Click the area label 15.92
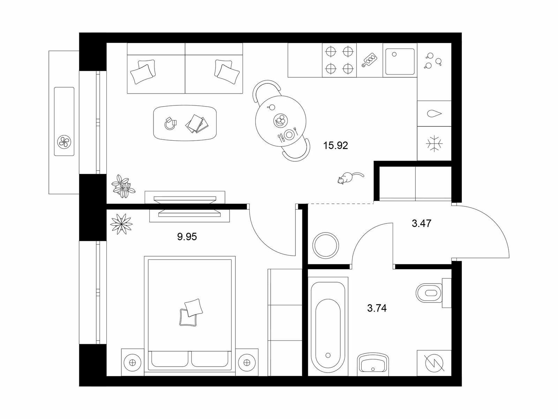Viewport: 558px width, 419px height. pyautogui.click(x=335, y=146)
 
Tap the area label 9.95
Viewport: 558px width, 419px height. pyautogui.click(x=187, y=237)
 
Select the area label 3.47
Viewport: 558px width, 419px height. pyautogui.click(x=422, y=223)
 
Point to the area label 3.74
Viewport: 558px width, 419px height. pyautogui.click(x=377, y=308)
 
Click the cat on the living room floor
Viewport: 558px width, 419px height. pyautogui.click(x=349, y=177)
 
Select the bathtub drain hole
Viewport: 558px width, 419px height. pyautogui.click(x=328, y=355)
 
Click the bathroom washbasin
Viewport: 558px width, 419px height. pyautogui.click(x=373, y=364)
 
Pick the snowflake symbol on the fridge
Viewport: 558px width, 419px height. pyautogui.click(x=434, y=144)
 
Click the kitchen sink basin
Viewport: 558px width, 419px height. pyautogui.click(x=400, y=61)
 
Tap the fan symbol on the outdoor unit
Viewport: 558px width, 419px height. pyautogui.click(x=64, y=142)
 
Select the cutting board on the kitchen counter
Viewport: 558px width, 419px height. pyautogui.click(x=369, y=60)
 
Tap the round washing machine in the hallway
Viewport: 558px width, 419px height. pyautogui.click(x=326, y=245)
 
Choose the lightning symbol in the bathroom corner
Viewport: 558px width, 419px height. pyautogui.click(x=434, y=363)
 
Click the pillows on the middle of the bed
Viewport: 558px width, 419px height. pyautogui.click(x=191, y=312)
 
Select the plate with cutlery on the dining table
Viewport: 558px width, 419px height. pyautogui.click(x=288, y=134)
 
